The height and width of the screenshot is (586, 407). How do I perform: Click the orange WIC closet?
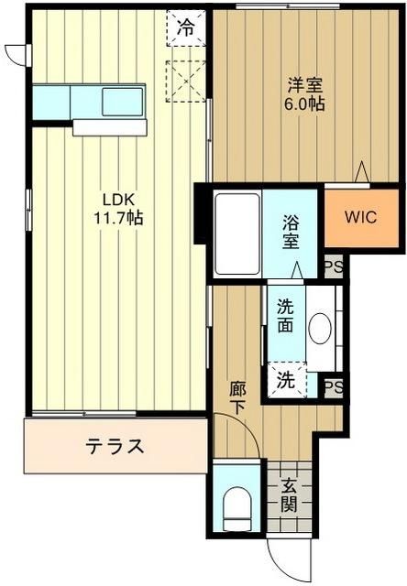pyautogui.click(x=359, y=218)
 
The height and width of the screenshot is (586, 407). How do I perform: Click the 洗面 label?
pyautogui.click(x=284, y=314)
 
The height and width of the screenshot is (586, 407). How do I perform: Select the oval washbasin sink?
pyautogui.click(x=320, y=330)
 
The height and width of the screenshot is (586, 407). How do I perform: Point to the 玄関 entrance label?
pyautogui.click(x=289, y=494)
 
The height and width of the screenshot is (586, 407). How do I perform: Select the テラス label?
pyautogui.click(x=115, y=447)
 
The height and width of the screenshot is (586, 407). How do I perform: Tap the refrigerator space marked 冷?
pyautogui.click(x=186, y=27)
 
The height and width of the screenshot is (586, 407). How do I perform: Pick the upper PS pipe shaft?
pyautogui.click(x=334, y=267)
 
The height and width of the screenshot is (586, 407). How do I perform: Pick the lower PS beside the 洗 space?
pyautogui.click(x=334, y=386)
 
